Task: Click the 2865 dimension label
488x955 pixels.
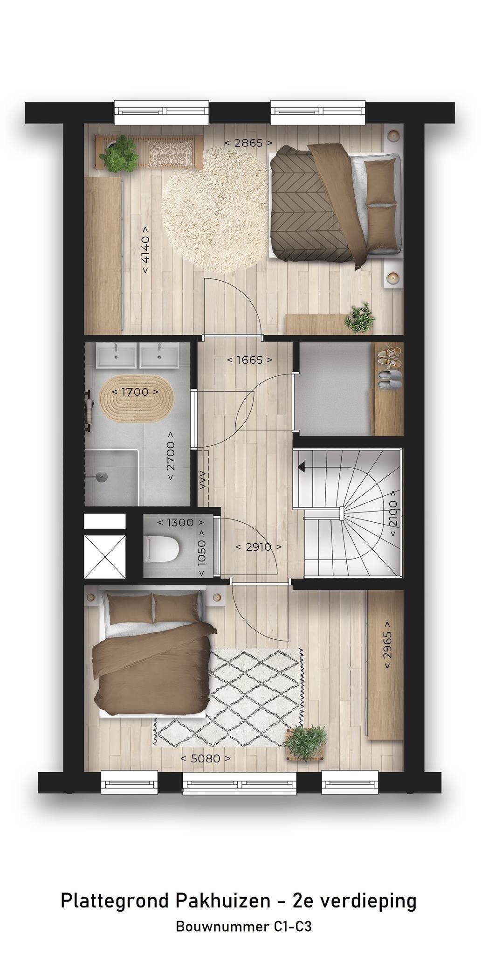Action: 248,143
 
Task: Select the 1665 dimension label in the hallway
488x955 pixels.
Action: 250,360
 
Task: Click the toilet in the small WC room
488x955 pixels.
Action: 162,549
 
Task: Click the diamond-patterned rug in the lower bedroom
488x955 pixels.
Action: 228,697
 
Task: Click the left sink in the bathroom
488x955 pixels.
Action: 117,357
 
